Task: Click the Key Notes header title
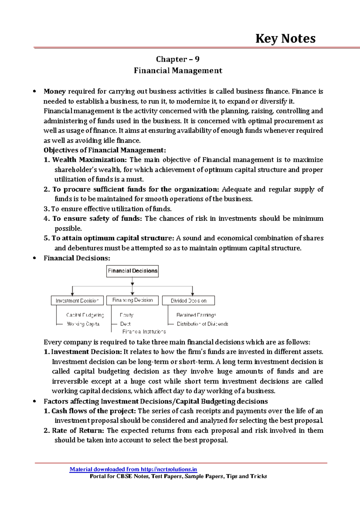click(285, 39)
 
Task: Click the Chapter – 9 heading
click(178, 59)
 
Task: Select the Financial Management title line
click(178, 70)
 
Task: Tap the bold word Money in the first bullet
click(55, 91)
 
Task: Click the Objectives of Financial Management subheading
click(105, 150)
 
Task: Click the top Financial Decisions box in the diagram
click(132, 271)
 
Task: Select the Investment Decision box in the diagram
click(77, 301)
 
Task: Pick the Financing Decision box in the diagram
click(132, 300)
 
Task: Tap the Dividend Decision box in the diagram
click(188, 301)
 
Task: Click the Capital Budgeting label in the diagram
click(85, 315)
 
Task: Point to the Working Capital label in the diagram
click(83, 324)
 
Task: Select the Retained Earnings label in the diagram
click(196, 315)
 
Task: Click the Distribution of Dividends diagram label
click(202, 324)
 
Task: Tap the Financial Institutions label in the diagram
click(144, 332)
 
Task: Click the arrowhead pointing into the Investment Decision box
click(72, 294)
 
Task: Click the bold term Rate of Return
click(78, 430)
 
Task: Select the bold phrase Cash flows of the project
click(94, 411)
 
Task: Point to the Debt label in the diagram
click(125, 324)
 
